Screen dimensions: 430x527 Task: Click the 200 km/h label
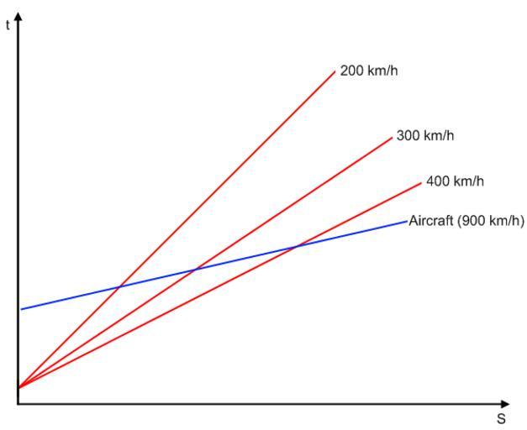pos(369,71)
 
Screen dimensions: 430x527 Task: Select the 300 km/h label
pos(425,135)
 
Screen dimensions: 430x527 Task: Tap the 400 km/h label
pos(455,181)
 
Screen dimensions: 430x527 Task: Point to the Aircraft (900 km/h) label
pos(466,222)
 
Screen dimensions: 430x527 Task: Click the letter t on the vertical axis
pos(8,24)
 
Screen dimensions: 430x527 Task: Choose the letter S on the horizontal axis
pos(500,419)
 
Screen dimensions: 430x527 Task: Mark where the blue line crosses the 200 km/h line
pos(119,287)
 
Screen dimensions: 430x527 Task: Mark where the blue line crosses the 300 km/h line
pos(196,270)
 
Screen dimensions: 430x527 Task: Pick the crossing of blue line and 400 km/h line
pos(296,246)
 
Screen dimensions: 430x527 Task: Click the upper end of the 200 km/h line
pos(335,72)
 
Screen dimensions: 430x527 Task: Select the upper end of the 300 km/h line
pos(392,137)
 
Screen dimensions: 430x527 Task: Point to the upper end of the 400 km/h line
pos(420,182)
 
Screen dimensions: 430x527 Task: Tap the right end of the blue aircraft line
pos(407,221)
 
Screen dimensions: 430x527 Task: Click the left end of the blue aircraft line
pos(21,309)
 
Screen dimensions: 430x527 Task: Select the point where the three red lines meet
pos(18,387)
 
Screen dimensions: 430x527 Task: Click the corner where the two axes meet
pos(18,404)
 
